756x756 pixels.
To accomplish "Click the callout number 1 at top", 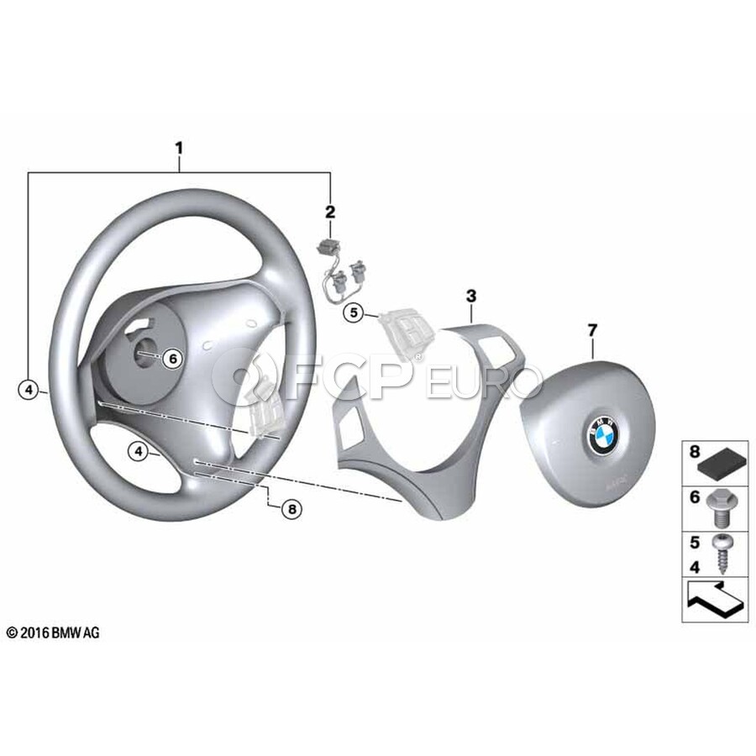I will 178,149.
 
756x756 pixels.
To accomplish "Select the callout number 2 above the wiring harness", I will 330,212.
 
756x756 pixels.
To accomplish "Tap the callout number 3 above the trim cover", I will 471,296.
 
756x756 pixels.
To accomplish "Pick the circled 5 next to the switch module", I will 354,313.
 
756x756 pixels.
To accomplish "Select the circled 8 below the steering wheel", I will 291,508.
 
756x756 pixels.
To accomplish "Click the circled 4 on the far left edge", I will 29,390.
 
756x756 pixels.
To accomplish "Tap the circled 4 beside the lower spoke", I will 138,451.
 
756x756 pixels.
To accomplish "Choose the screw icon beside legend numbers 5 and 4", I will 722,551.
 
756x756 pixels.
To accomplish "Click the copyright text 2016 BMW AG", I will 52,633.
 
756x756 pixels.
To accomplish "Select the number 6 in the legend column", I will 695,497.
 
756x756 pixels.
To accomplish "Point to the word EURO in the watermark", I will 485,387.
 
